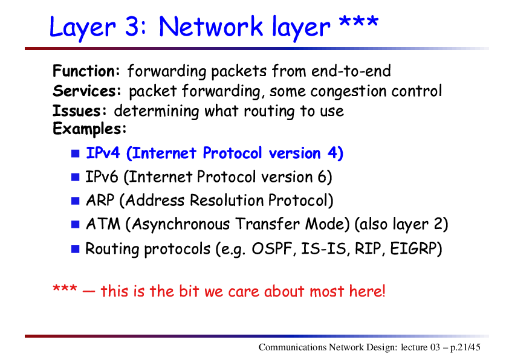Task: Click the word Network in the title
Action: pyautogui.click(x=211, y=26)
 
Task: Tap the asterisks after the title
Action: pyautogui.click(x=358, y=23)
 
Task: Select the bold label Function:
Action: pyautogui.click(x=86, y=71)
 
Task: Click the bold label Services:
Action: pyautogui.click(x=87, y=91)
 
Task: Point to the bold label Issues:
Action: pyautogui.click(x=80, y=111)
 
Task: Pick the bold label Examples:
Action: pyautogui.click(x=89, y=129)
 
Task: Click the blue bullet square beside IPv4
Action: pyautogui.click(x=76, y=153)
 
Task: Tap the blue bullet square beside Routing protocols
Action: pyautogui.click(x=76, y=249)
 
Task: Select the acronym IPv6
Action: pyautogui.click(x=102, y=177)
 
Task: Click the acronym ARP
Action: pyautogui.click(x=100, y=201)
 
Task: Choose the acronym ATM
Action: pyautogui.click(x=103, y=224)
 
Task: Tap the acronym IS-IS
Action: pyautogui.click(x=323, y=249)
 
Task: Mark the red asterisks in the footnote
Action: pyautogui.click(x=65, y=288)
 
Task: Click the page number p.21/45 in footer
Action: pyautogui.click(x=465, y=347)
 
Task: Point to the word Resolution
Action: pyautogui.click(x=227, y=201)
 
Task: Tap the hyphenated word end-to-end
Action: pyautogui.click(x=351, y=71)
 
